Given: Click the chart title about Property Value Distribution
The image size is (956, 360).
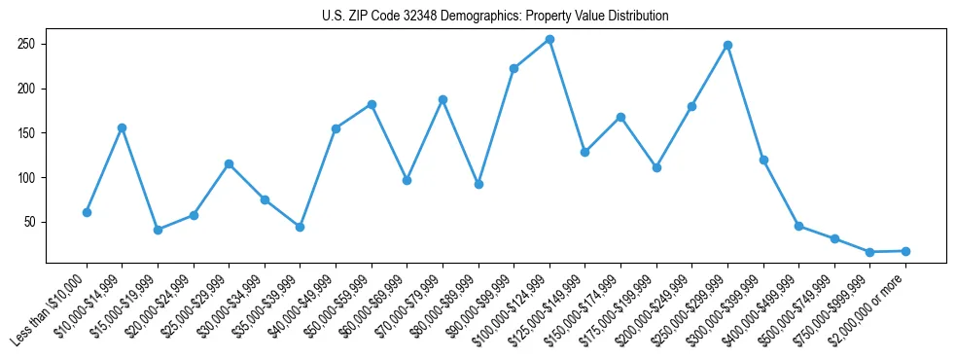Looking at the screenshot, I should point(495,17).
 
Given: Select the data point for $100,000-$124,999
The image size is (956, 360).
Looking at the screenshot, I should point(549,39).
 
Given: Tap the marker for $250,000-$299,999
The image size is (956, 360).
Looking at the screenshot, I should point(727,45).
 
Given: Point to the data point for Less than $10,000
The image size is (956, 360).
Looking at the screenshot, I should point(87,212).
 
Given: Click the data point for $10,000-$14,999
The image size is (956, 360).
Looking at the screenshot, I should point(122,127).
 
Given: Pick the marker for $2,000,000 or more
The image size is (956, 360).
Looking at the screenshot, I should point(905,251).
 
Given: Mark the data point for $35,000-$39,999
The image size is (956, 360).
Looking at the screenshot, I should point(300,227).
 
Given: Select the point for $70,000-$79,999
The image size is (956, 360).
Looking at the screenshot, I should point(443,99).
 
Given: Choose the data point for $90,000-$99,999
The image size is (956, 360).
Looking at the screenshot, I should point(513,68).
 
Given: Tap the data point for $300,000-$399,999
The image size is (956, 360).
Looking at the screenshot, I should point(763,160).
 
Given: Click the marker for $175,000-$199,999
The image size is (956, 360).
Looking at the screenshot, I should point(656,167).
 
